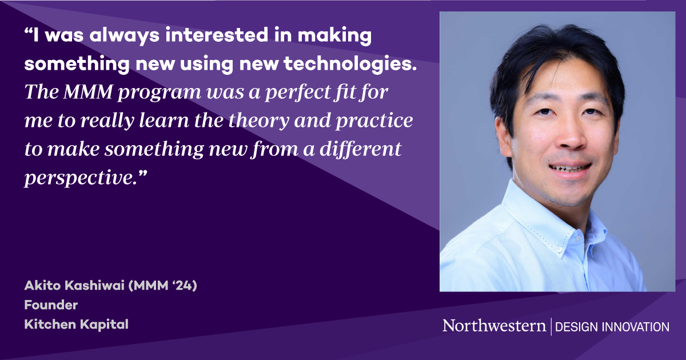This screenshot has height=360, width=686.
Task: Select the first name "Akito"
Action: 39,286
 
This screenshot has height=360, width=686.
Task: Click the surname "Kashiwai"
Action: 85,286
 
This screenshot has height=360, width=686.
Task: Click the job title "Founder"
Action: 51,305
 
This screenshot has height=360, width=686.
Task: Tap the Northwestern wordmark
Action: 494,326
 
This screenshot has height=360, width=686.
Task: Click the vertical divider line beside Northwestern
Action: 551,326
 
